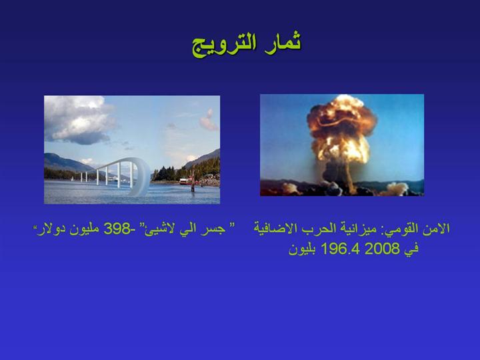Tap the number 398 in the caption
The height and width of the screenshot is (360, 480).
117,229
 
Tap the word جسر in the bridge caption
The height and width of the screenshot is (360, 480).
215,229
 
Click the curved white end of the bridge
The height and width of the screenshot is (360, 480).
140,177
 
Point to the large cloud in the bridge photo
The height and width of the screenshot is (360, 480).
79,120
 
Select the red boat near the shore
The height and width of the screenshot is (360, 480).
186,181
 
